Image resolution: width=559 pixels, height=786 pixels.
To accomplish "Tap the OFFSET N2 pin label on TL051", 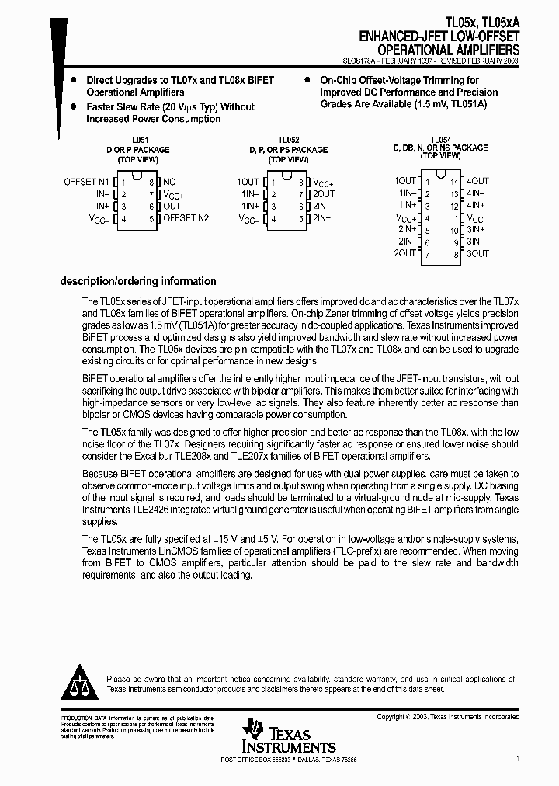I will (x=186, y=219).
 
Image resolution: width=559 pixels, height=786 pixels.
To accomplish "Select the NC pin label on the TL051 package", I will (x=169, y=182).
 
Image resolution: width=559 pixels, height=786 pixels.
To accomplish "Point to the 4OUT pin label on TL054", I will (x=478, y=181).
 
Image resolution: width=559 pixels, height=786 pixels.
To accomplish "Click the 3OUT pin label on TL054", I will (x=478, y=254).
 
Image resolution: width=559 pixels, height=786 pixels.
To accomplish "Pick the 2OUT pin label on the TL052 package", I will (x=324, y=194).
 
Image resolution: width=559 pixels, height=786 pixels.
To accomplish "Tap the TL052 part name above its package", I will (x=288, y=141).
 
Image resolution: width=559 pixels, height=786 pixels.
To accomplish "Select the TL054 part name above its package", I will (x=440, y=139).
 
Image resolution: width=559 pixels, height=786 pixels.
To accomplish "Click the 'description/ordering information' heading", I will (x=138, y=282).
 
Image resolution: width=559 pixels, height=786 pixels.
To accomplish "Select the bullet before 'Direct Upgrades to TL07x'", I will (x=73, y=81).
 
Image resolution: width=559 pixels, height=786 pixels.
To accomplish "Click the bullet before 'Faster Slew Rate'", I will (x=73, y=106).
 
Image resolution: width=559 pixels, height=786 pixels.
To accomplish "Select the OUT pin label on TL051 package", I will (x=172, y=207).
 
